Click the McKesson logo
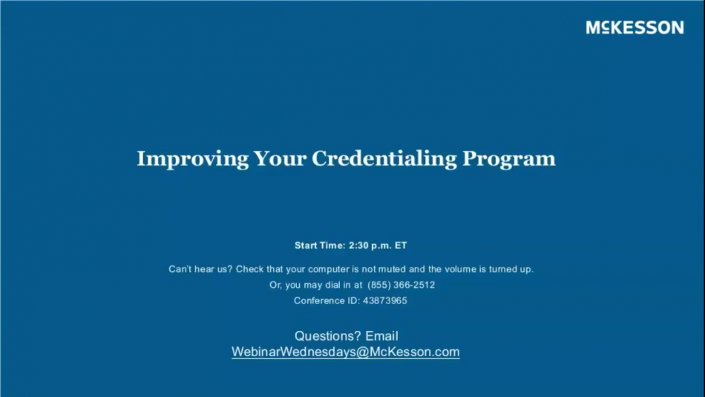[x=634, y=28]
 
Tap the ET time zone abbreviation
[x=401, y=245]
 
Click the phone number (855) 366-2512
[x=401, y=285]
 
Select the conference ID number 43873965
[x=384, y=301]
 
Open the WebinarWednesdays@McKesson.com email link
[x=346, y=352]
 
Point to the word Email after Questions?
[x=382, y=336]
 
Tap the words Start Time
[x=320, y=245]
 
